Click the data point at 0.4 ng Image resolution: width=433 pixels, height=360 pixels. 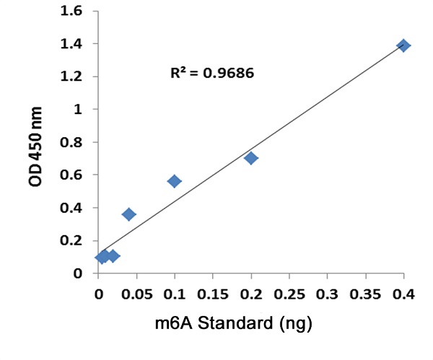403,45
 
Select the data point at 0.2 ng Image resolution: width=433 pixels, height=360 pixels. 251,158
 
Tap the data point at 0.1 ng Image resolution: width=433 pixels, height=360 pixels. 175,181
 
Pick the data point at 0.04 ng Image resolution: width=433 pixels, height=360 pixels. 129,214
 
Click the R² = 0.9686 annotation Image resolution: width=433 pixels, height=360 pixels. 211,73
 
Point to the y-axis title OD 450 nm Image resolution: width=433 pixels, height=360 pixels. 36,147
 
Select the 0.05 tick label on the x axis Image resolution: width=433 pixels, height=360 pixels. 136,294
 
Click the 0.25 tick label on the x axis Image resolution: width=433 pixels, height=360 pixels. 289,294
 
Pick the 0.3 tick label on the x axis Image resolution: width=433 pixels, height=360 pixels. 328,294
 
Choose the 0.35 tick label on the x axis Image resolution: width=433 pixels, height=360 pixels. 366,294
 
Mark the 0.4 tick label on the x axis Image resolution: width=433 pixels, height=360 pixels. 404,294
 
